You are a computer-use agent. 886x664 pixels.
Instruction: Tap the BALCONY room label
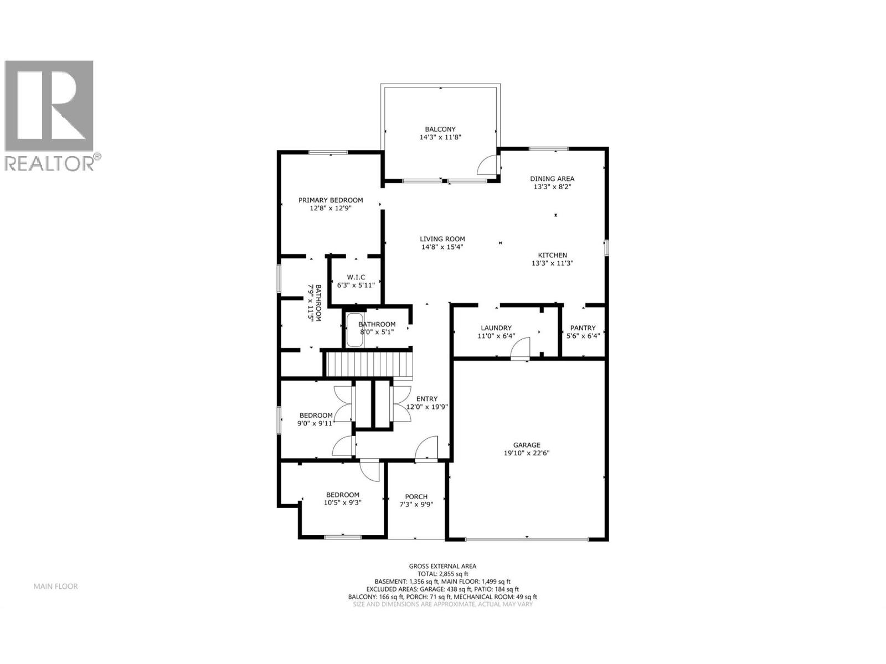tap(440, 129)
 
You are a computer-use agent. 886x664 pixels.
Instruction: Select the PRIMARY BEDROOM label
tap(331, 200)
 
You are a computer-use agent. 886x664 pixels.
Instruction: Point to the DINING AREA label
tap(552, 179)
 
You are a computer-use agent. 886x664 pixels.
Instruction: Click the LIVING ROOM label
tap(442, 239)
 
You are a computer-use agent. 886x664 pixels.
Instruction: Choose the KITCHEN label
tap(552, 255)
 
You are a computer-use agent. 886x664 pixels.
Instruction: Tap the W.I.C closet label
tap(356, 277)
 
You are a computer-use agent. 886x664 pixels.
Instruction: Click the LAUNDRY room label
tap(496, 328)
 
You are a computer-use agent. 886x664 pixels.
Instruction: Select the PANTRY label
tap(583, 328)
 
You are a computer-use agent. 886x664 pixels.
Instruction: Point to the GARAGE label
tap(526, 445)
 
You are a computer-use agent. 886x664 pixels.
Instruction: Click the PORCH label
tap(416, 496)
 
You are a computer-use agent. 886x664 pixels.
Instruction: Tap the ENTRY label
tap(427, 398)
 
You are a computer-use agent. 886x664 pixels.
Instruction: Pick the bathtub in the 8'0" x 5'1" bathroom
tap(354, 330)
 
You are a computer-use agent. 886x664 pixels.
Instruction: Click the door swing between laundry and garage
tap(521, 350)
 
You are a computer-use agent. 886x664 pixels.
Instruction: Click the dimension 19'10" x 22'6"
tap(526, 453)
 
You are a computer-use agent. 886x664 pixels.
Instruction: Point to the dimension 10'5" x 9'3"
tap(342, 503)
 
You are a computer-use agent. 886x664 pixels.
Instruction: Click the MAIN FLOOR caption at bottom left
tap(55, 586)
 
